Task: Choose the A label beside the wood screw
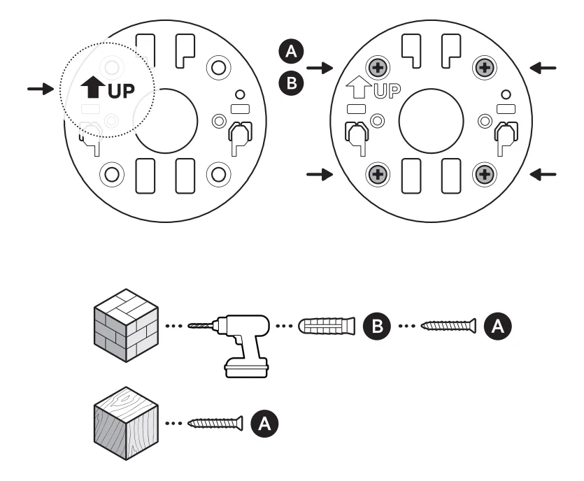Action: [264, 422]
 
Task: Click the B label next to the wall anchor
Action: [375, 326]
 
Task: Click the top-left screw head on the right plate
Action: [378, 68]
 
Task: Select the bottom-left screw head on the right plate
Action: [378, 173]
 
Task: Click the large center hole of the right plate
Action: [430, 120]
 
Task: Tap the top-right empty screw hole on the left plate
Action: [218, 68]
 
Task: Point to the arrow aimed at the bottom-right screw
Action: [543, 174]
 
